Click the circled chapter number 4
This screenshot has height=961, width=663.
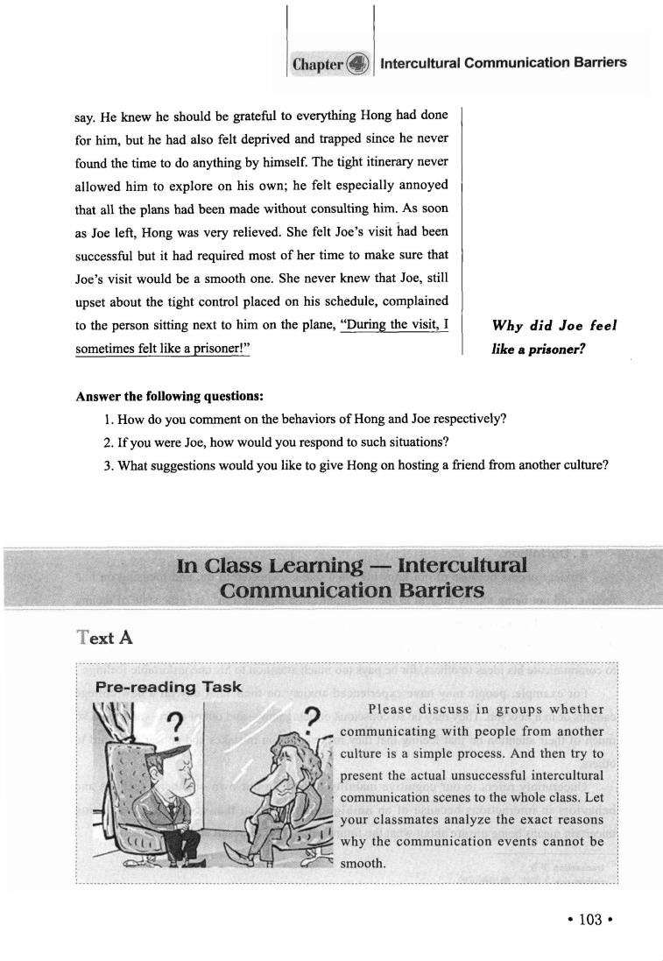tap(358, 64)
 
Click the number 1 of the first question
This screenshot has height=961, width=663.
tap(107, 417)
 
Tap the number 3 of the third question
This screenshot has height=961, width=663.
tap(107, 463)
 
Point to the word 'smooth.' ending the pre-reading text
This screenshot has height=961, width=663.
tap(361, 863)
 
